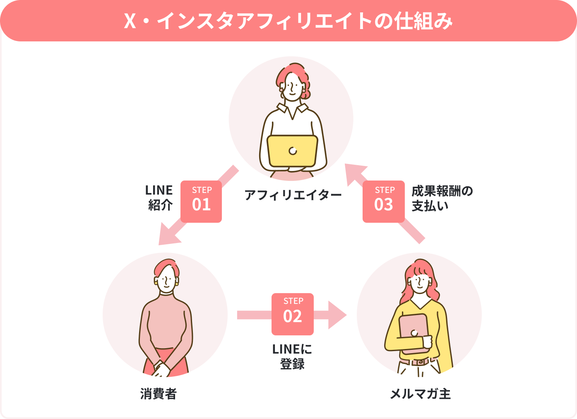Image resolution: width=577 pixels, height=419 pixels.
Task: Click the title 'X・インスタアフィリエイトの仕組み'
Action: point(288,21)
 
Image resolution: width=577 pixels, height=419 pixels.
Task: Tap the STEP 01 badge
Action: point(202,202)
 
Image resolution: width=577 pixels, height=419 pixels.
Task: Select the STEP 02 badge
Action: point(293,314)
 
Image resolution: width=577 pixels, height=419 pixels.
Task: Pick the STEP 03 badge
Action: point(384,202)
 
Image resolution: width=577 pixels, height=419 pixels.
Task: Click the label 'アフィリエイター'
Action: point(293,195)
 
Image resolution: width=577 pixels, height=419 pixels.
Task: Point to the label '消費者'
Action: point(159,394)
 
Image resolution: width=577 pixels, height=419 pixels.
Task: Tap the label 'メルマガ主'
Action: point(420,394)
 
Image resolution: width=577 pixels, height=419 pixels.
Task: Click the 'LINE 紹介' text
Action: point(159,197)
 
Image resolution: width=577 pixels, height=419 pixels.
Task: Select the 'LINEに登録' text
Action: point(292,356)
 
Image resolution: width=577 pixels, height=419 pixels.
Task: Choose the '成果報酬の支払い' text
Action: point(442,198)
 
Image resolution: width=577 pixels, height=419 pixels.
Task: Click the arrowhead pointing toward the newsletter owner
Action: point(337,315)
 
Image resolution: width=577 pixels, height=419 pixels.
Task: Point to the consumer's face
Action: point(167,279)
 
